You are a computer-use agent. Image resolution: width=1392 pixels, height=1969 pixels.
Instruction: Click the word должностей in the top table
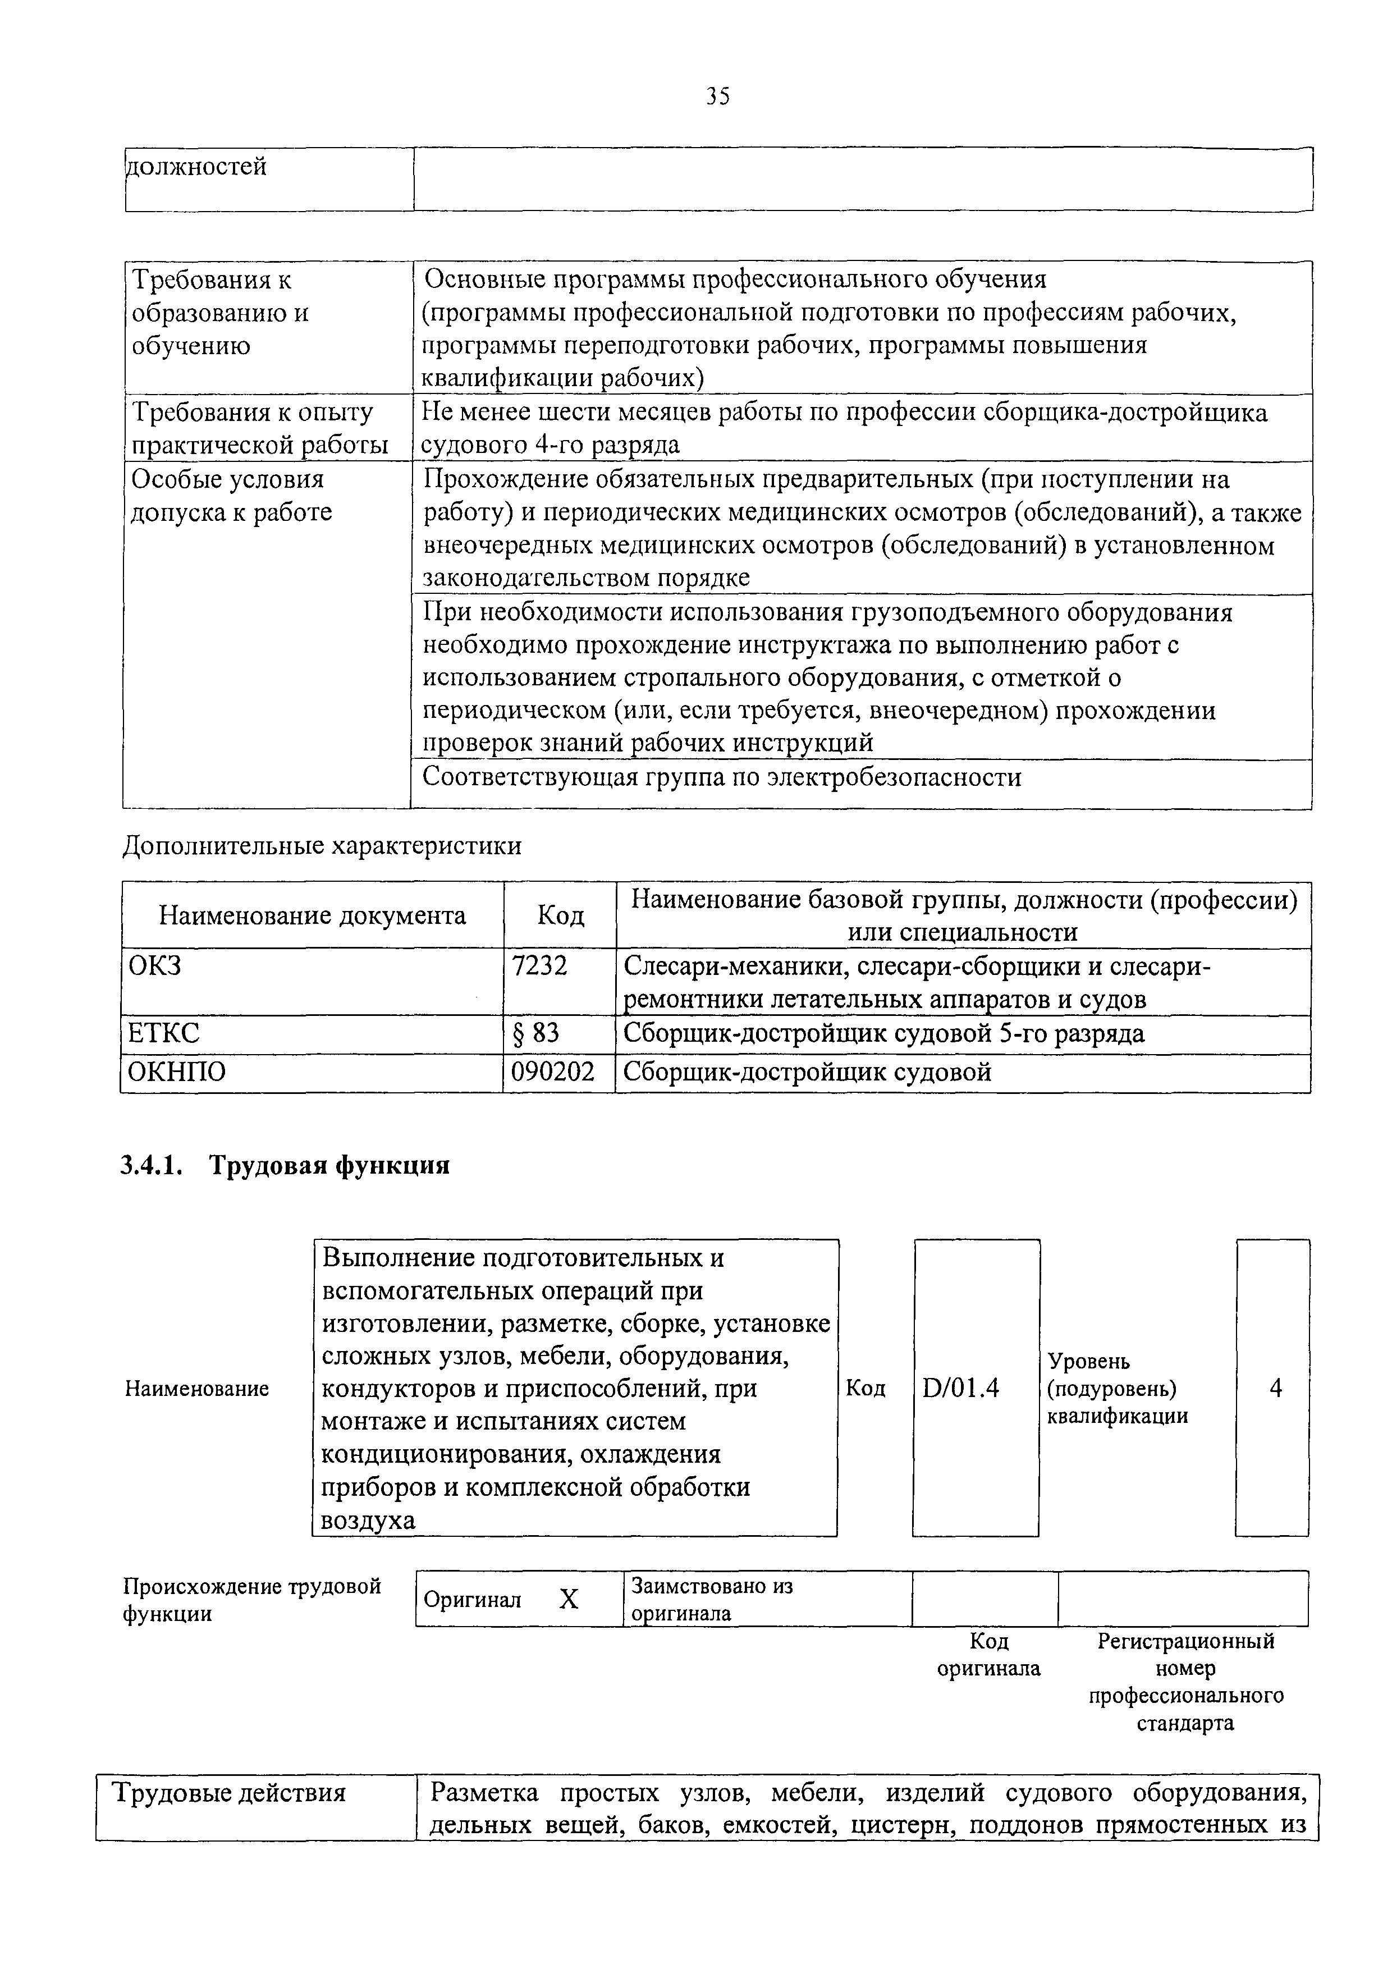coord(196,166)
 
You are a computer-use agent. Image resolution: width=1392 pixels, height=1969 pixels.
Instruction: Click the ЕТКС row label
coord(164,1033)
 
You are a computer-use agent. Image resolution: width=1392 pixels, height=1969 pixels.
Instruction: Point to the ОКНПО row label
coord(177,1072)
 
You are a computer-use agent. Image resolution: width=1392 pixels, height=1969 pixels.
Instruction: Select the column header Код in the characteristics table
coord(560,916)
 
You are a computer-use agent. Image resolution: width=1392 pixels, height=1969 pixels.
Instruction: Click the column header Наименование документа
coord(312,916)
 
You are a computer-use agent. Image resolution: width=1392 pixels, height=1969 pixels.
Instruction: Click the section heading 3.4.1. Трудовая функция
coord(285,1166)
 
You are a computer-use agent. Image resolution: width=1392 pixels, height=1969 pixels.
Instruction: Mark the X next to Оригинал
coord(569,1599)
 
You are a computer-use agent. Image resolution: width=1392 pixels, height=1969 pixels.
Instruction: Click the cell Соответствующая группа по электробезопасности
coord(722,779)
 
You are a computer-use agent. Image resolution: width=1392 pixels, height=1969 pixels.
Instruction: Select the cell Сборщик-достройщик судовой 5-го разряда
coord(883,1033)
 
